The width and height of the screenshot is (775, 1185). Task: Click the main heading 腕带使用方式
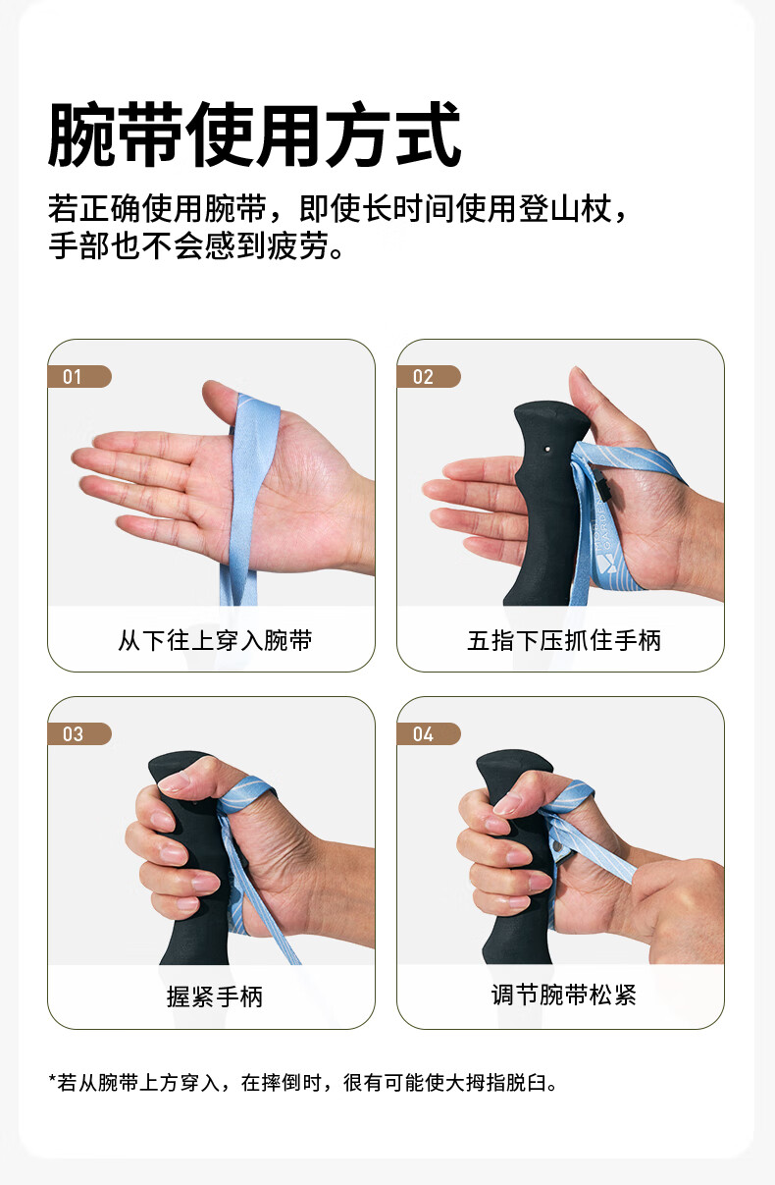(255, 135)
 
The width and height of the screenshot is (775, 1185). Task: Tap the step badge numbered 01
(79, 377)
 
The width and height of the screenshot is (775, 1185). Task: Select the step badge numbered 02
(429, 377)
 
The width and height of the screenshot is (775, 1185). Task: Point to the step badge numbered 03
(79, 733)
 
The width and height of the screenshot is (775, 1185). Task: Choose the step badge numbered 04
(429, 733)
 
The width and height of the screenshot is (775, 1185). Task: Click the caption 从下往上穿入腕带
(215, 640)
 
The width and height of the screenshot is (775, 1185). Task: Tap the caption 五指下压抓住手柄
(563, 640)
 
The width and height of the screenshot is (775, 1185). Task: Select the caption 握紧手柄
(215, 996)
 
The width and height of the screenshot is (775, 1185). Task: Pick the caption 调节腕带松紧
(563, 996)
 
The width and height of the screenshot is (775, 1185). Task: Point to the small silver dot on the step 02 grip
(547, 449)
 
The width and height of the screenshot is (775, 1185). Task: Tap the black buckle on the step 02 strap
(599, 484)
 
